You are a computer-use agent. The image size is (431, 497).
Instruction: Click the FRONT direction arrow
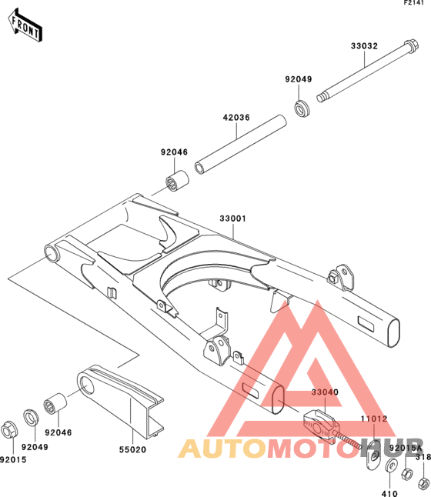tap(25, 25)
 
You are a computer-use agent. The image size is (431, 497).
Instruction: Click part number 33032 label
tap(364, 46)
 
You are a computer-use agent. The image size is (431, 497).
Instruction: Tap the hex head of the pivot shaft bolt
tap(411, 46)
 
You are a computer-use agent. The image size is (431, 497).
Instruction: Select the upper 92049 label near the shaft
tap(298, 79)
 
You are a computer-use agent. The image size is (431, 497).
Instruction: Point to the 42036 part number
tap(236, 118)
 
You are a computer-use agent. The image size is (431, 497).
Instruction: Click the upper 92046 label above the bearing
tap(174, 152)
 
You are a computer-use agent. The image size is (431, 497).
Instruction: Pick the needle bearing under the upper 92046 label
tap(177, 181)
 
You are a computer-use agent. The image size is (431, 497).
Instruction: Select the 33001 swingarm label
tap(232, 218)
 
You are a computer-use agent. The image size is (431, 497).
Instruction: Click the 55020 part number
tap(132, 449)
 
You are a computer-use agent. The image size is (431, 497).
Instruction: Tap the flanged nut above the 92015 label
tap(9, 430)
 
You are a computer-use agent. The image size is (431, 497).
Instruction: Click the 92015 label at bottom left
tap(13, 459)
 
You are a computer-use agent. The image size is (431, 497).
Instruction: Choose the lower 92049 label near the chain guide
tap(35, 447)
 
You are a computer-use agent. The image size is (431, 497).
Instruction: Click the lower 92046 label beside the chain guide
tap(58, 432)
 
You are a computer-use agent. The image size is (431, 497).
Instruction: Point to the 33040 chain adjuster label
tap(325, 392)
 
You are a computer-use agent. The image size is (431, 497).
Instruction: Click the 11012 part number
tap(374, 419)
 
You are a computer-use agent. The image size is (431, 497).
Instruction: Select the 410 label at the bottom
tap(389, 493)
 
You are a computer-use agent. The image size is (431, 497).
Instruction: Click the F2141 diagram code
tap(413, 3)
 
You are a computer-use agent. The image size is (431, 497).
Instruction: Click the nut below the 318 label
tap(423, 483)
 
